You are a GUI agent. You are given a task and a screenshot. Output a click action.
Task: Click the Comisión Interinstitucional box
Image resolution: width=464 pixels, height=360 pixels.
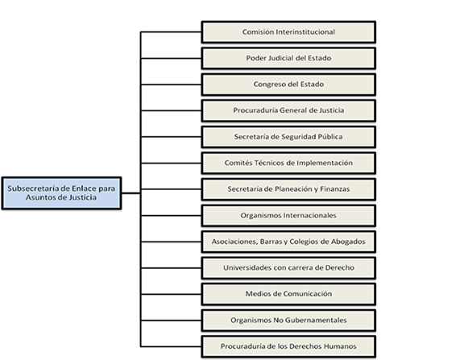[288, 32]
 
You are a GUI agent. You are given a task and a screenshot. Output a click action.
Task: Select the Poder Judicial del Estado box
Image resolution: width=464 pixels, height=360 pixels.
[288, 58]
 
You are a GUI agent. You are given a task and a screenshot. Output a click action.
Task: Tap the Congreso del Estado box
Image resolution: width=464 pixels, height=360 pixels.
[288, 84]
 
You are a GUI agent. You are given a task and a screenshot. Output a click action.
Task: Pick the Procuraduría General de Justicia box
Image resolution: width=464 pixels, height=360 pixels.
[288, 110]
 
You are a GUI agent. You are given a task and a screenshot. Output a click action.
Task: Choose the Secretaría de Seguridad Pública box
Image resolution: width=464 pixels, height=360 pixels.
[288, 137]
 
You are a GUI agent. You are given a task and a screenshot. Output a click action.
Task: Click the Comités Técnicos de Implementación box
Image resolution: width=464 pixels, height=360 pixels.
[288, 163]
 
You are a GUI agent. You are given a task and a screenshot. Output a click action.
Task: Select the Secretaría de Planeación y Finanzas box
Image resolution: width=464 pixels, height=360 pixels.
[288, 189]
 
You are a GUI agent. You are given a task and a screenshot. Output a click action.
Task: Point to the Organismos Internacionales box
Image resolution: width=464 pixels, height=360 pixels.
[288, 216]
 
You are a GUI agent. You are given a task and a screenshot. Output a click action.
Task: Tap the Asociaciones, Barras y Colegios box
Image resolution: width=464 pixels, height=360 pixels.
[288, 242]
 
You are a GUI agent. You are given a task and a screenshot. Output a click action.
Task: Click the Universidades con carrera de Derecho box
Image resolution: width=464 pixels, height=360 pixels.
[288, 267]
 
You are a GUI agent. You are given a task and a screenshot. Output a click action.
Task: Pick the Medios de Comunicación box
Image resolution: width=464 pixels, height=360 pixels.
[288, 294]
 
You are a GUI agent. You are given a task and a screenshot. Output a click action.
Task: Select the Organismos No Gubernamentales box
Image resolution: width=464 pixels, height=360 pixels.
[288, 320]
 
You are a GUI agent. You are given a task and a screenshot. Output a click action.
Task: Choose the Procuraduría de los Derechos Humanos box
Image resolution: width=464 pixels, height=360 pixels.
[288, 346]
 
